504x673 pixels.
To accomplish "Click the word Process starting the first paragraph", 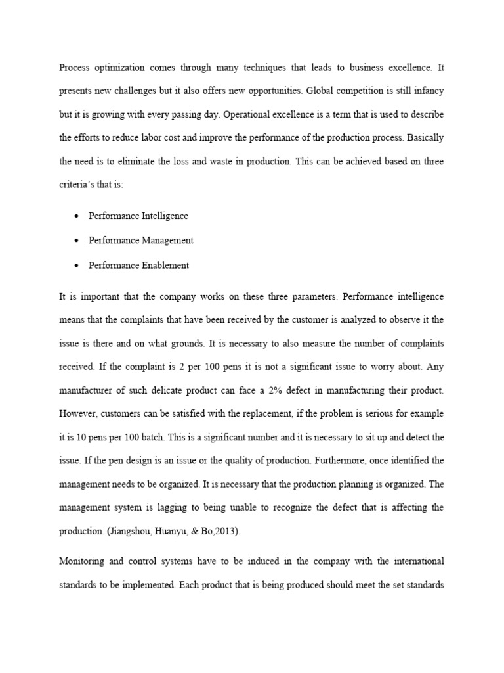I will point(74,67).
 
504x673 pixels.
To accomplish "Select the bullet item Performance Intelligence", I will point(138,216).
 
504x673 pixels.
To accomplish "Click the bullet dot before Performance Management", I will point(77,241).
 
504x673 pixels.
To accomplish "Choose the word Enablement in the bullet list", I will point(166,266).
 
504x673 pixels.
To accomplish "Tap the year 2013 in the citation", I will point(226,532).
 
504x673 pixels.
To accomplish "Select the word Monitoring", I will point(82,562).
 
